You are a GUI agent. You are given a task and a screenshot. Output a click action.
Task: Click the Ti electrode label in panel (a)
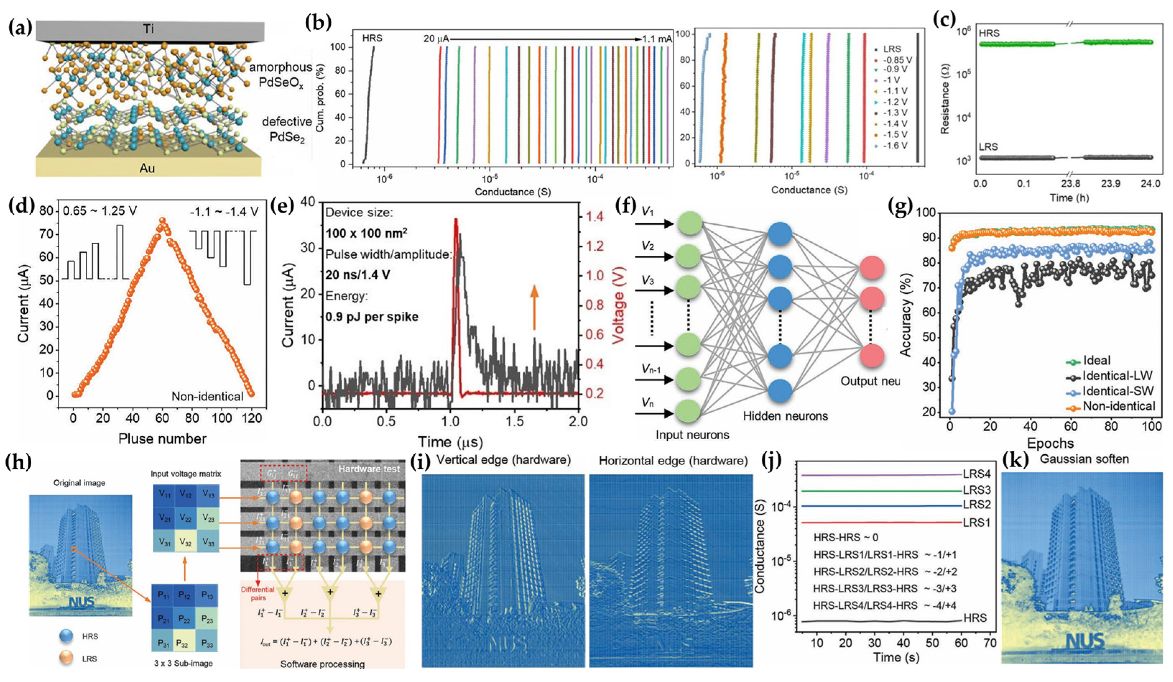click(x=148, y=29)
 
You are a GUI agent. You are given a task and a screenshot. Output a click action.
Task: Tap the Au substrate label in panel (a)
click(x=147, y=168)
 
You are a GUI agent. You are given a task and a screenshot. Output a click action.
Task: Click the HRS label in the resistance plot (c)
click(x=989, y=33)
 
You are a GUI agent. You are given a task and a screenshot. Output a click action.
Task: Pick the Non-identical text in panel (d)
click(x=207, y=396)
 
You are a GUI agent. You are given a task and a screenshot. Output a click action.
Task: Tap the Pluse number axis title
click(x=162, y=439)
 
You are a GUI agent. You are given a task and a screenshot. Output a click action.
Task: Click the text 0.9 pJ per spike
click(x=372, y=317)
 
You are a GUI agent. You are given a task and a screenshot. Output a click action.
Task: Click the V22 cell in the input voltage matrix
click(x=185, y=519)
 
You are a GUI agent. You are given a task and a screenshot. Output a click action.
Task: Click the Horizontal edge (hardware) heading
click(x=673, y=461)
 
